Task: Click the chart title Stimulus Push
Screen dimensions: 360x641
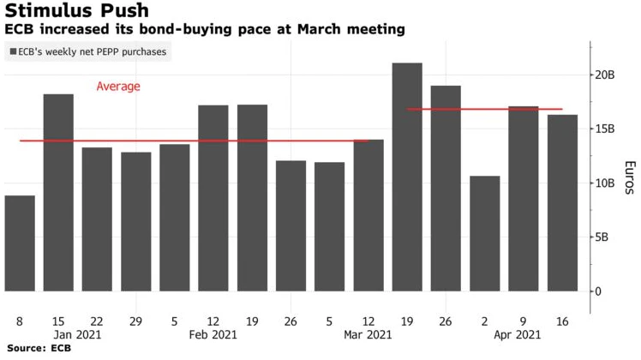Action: click(x=76, y=11)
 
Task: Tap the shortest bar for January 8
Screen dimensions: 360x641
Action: click(x=20, y=243)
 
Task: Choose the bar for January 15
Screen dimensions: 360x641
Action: click(x=58, y=192)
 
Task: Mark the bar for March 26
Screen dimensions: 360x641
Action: click(x=446, y=188)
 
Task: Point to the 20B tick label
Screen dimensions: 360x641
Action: click(x=605, y=75)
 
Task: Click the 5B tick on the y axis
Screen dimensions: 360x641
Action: click(x=603, y=237)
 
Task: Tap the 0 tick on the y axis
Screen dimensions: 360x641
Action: click(x=598, y=291)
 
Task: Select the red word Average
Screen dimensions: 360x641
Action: click(x=118, y=87)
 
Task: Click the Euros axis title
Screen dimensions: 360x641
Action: click(x=628, y=178)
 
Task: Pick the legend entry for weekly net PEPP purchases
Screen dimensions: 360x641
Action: click(x=88, y=52)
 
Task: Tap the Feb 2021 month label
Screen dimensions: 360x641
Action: click(x=213, y=335)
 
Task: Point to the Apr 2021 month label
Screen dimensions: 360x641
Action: click(x=517, y=335)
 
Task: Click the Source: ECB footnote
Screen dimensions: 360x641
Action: click(x=38, y=349)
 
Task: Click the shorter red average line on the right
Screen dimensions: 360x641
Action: click(x=485, y=109)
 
